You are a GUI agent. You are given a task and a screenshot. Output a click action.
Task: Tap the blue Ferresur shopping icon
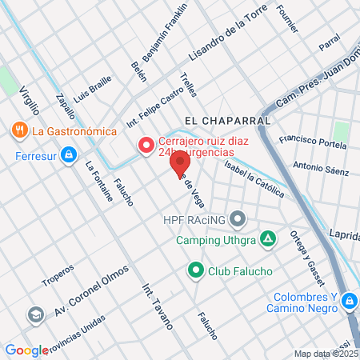coord(70,153)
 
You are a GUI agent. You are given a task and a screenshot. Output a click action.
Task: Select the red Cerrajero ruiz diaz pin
coord(146,146)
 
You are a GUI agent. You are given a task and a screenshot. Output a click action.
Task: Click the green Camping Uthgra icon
coord(269,238)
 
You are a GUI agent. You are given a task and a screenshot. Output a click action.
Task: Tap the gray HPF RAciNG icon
coord(238,218)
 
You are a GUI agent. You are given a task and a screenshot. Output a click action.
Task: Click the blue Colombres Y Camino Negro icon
coord(348,302)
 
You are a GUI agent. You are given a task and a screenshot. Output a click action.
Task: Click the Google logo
coord(26,350)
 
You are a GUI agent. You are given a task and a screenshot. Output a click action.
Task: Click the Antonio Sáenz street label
coord(320,170)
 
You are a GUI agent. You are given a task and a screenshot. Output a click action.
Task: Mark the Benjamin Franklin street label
coord(165,34)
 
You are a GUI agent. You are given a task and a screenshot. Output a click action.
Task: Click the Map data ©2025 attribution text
coord(326,354)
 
